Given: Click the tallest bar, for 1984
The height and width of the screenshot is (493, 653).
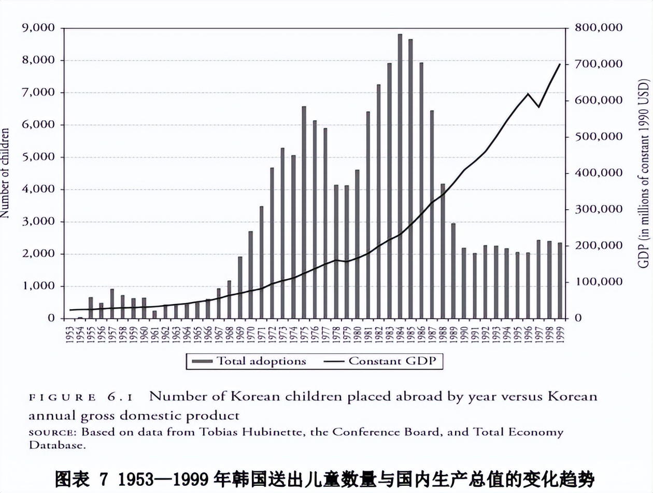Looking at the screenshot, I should coord(400,176).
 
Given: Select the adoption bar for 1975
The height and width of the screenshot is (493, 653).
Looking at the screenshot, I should coord(304,212).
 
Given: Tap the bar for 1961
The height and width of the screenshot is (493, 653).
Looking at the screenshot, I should coord(154,314).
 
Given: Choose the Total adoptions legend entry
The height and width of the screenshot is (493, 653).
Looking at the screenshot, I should coord(249,361).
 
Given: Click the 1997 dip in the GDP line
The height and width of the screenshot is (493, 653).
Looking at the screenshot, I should coord(539,107).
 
